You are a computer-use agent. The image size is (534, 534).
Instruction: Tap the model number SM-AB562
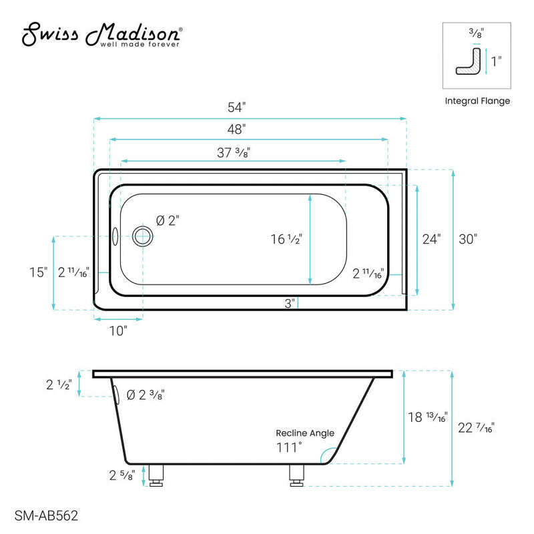click(45, 515)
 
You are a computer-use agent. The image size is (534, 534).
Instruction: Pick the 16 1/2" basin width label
click(287, 240)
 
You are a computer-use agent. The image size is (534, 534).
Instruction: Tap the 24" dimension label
click(431, 240)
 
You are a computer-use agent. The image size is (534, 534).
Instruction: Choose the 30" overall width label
click(469, 240)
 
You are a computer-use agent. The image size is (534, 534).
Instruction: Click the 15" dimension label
click(39, 272)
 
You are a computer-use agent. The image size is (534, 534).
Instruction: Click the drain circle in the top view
click(142, 236)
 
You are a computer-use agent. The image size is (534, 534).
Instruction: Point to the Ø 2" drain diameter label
click(168, 220)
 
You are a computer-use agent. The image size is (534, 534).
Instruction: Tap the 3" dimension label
click(289, 304)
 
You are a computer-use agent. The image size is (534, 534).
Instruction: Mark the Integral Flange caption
click(477, 101)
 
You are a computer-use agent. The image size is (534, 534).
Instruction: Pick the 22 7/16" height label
click(477, 429)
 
